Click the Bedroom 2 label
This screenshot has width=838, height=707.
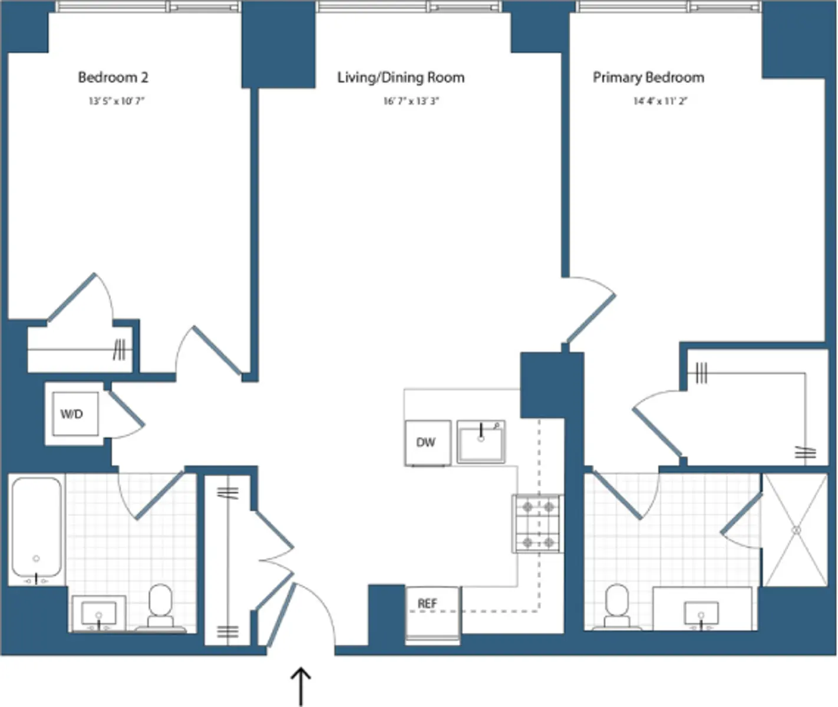(x=113, y=77)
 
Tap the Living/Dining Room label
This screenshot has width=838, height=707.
(x=401, y=77)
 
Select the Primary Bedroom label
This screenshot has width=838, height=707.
(x=648, y=77)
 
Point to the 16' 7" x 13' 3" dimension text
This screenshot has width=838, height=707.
(x=411, y=101)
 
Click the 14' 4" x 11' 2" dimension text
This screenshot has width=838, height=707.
(x=661, y=101)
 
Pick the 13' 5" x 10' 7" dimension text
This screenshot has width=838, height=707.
(x=117, y=101)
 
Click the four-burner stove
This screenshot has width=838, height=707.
(x=537, y=524)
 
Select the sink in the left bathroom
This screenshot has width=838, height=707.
(x=98, y=613)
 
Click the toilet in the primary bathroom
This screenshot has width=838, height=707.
(x=617, y=607)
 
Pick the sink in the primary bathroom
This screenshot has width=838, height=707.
(x=701, y=613)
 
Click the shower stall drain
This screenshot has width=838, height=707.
(x=796, y=530)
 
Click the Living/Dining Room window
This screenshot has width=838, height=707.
(x=409, y=7)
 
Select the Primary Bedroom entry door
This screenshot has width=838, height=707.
(x=591, y=312)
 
